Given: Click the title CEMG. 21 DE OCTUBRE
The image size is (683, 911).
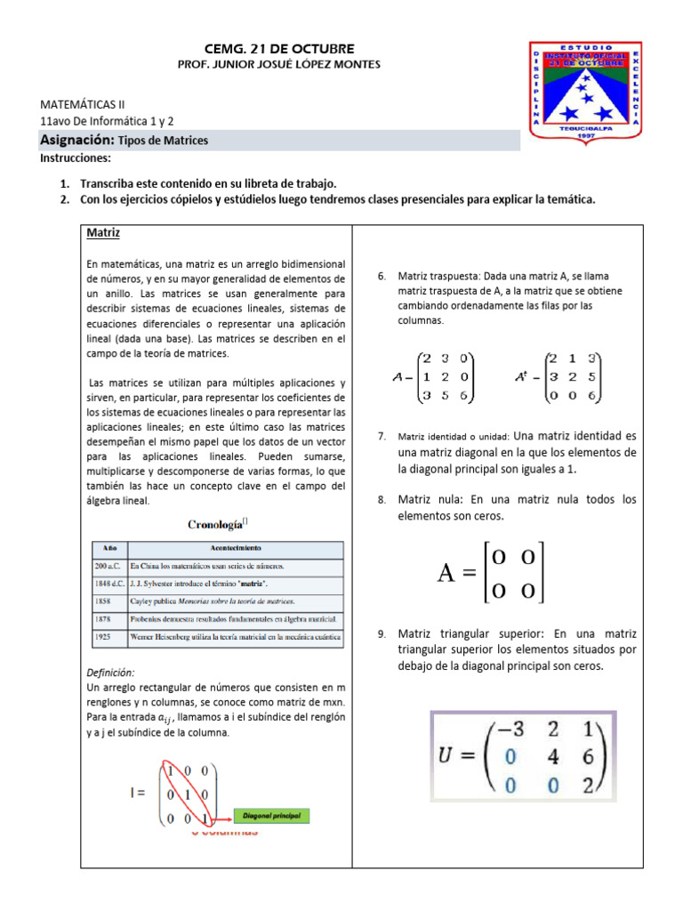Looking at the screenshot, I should click(x=280, y=47).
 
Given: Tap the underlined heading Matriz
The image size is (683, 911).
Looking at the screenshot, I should click(x=103, y=233).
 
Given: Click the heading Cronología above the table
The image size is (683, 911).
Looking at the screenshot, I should click(x=217, y=524).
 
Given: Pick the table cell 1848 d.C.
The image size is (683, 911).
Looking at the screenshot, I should click(x=109, y=582).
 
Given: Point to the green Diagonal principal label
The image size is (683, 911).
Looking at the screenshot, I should click(x=272, y=815).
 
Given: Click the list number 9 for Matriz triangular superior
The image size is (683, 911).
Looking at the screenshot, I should click(x=381, y=634).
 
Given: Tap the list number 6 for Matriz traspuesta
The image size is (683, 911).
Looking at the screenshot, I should click(x=381, y=276).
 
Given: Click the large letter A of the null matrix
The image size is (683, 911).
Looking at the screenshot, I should click(x=447, y=573).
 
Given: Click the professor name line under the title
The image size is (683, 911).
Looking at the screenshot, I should click(x=280, y=64).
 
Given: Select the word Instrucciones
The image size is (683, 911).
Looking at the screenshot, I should click(x=76, y=158).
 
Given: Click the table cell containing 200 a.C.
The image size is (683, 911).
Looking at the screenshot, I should click(x=109, y=565).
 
